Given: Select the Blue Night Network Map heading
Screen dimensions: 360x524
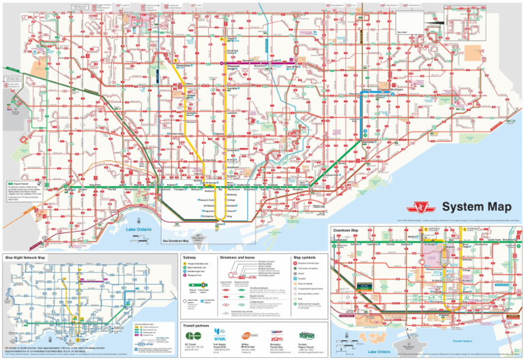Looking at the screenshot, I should (25, 257).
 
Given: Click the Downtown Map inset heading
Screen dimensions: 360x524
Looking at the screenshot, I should (347, 230).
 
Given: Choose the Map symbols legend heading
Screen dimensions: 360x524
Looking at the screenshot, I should (304, 257).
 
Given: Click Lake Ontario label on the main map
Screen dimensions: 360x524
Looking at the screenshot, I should (139, 230).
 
